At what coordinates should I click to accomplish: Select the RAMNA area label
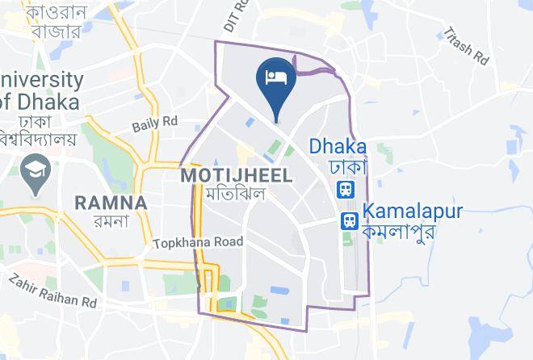tap(111, 203)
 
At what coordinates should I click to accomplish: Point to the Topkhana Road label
tap(198, 241)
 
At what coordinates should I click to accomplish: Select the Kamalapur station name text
tap(413, 211)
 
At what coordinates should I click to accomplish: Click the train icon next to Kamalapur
tap(349, 220)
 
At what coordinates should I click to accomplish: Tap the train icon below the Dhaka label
tap(346, 190)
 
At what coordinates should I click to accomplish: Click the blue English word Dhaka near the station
tap(338, 147)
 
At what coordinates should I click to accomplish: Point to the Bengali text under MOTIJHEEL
tap(236, 194)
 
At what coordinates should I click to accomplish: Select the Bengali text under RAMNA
tap(111, 222)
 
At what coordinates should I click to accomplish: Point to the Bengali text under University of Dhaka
tap(39, 130)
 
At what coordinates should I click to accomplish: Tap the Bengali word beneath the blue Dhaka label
tap(347, 167)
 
